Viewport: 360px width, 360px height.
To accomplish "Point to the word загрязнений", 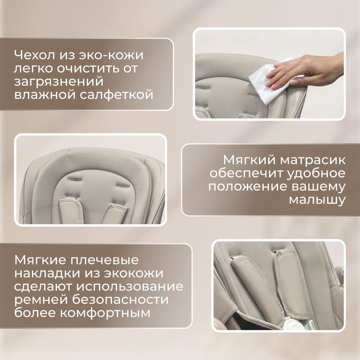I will point(59,82).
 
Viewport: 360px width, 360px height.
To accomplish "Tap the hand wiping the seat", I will point(306,68).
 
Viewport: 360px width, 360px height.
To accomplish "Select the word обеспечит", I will point(247,173).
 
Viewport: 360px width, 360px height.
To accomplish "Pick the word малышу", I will point(317,200).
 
